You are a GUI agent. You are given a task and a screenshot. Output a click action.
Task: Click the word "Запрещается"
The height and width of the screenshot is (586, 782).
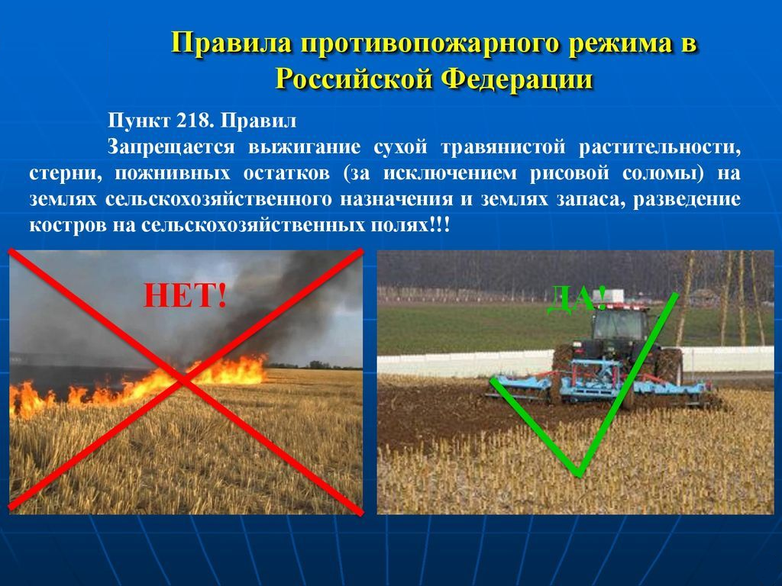(171, 147)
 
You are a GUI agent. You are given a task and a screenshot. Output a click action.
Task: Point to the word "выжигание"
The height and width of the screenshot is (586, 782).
(304, 147)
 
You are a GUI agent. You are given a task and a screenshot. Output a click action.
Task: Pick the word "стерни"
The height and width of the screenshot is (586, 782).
(65, 173)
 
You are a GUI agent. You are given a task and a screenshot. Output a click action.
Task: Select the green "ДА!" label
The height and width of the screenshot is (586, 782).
(577, 299)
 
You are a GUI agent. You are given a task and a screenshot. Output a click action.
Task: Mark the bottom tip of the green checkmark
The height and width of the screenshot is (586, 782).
(579, 473)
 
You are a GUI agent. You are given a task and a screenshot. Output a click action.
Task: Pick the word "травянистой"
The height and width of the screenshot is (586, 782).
(503, 147)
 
